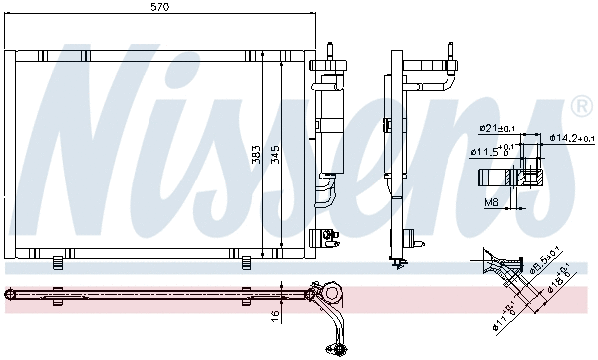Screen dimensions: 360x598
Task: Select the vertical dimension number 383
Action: click(x=256, y=154)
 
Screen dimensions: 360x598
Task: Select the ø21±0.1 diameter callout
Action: click(x=495, y=128)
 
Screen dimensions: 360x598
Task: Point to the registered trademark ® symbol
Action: click(x=580, y=105)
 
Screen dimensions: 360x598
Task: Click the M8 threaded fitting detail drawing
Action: click(x=510, y=179)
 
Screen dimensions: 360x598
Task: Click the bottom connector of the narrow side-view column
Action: click(x=399, y=261)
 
